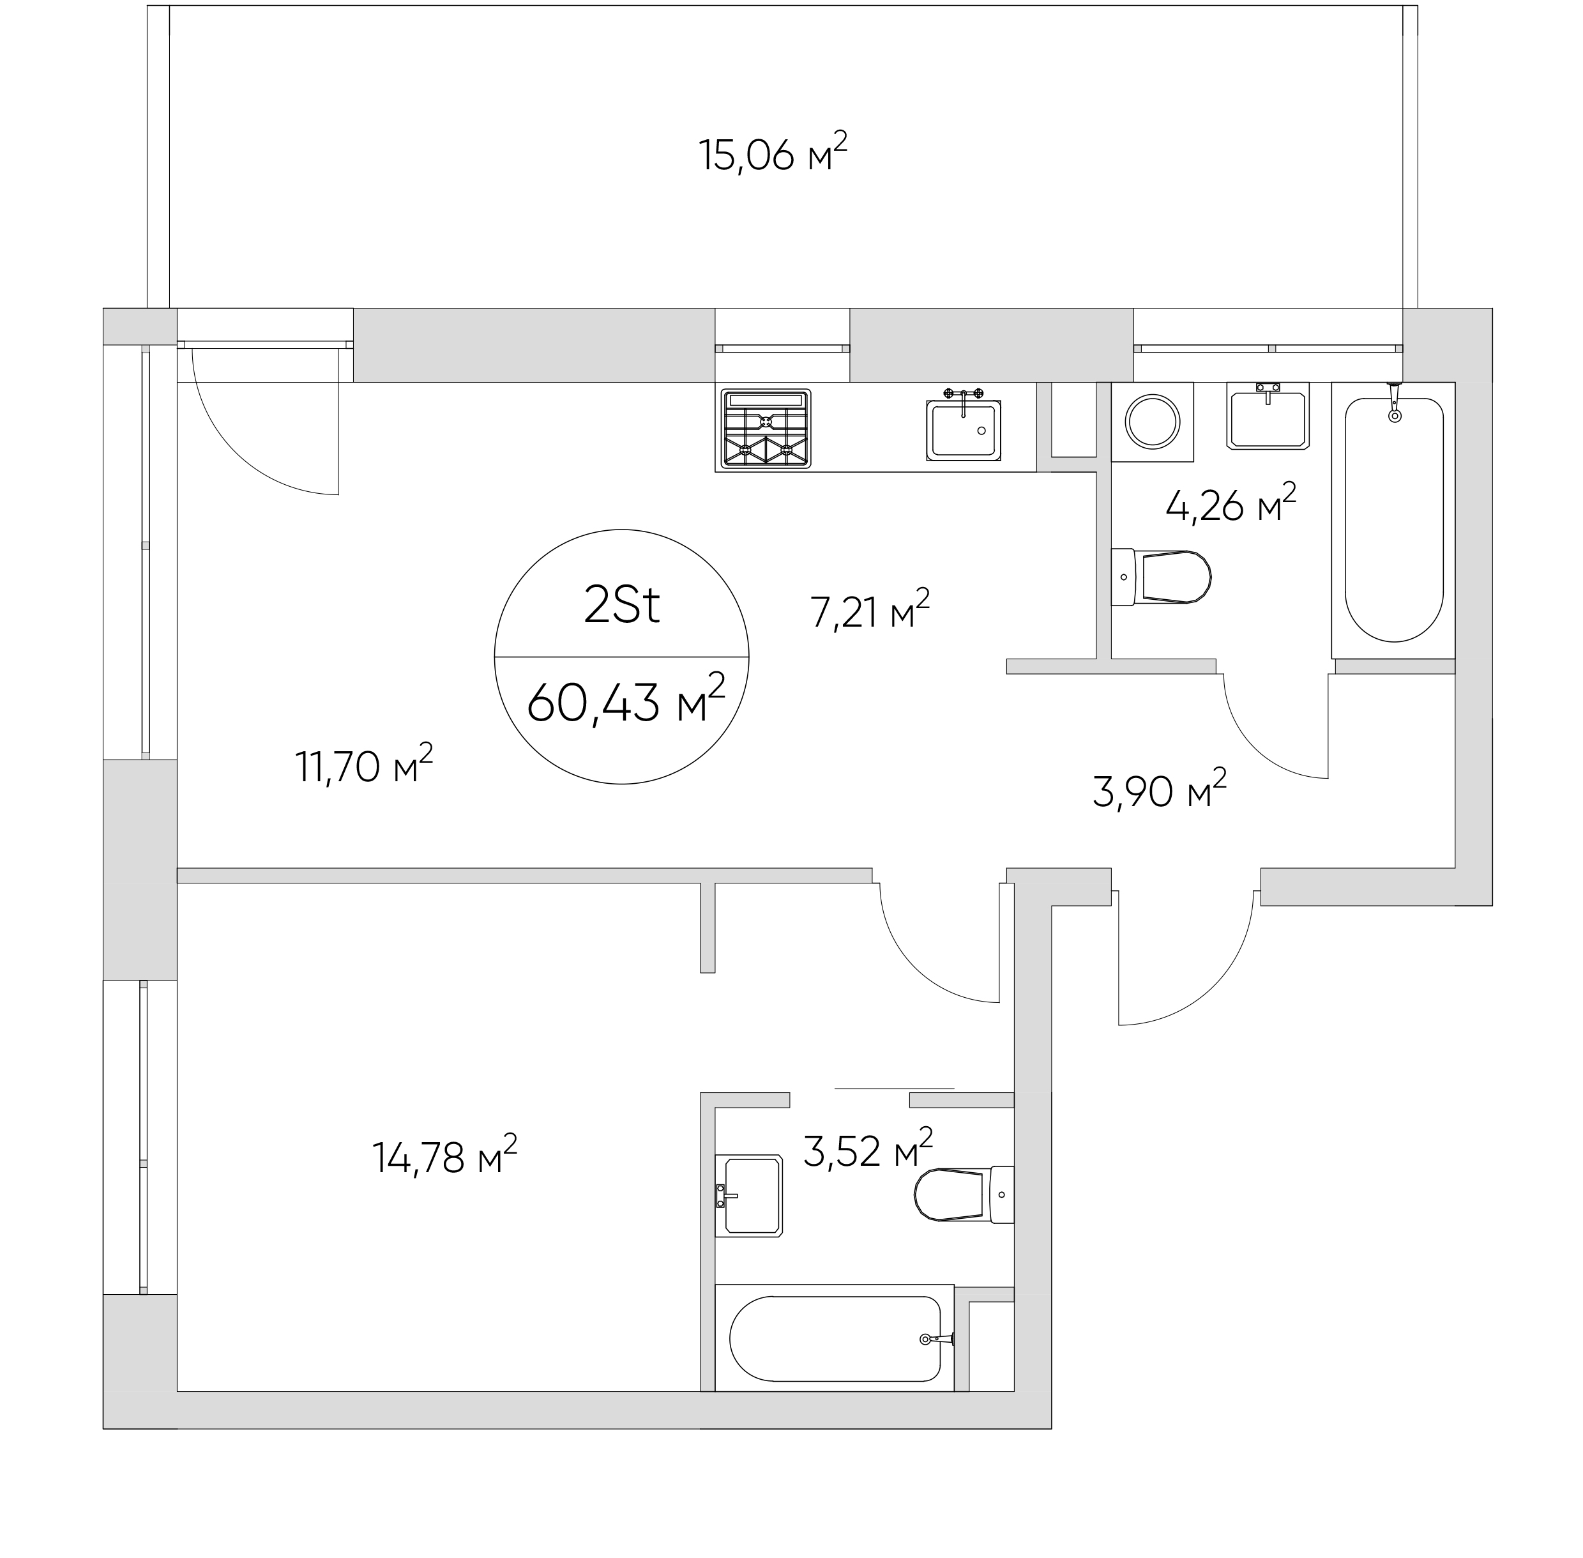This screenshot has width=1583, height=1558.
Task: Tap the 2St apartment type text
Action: [x=622, y=606]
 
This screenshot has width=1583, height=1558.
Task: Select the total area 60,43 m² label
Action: [x=626, y=699]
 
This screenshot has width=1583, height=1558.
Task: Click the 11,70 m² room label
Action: [x=363, y=763]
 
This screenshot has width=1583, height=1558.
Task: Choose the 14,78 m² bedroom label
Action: [x=444, y=1154]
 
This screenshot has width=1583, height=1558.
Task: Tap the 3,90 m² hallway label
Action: [x=1159, y=788]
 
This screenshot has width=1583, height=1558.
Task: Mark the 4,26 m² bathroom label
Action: [x=1231, y=503]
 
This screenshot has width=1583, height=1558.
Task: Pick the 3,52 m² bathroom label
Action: [x=868, y=1149]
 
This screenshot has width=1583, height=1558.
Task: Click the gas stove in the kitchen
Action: [x=766, y=429]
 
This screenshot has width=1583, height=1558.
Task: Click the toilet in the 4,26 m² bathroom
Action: [x=1160, y=577]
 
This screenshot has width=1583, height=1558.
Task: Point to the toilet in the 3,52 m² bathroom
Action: [x=964, y=1195]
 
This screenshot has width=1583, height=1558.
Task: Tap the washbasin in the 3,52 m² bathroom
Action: [x=748, y=1196]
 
